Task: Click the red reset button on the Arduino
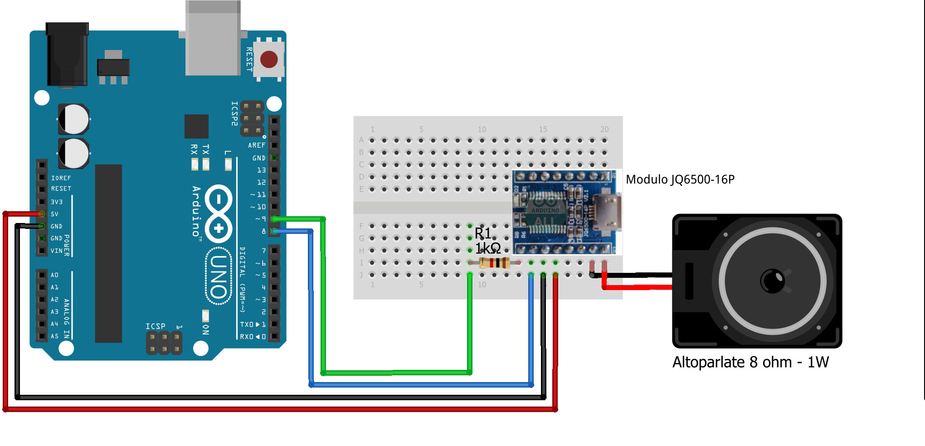pos(269,59)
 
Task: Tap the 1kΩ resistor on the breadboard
pos(494,262)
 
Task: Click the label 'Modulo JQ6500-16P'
pos(680,180)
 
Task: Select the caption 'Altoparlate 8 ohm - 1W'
pos(750,363)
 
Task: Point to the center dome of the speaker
pos(772,281)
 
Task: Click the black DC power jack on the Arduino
pos(67,54)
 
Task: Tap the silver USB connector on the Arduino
pos(213,39)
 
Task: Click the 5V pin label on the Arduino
pos(54,214)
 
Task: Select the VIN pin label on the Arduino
pos(56,251)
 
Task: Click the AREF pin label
pos(256,145)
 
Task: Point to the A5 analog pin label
pos(54,336)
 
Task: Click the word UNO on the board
pos(219,276)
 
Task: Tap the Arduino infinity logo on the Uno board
pos(219,213)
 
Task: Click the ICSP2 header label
pos(234,113)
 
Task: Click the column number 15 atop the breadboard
pos(543,130)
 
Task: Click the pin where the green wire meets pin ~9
pos(275,219)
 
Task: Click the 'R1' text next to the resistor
pos(483,233)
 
